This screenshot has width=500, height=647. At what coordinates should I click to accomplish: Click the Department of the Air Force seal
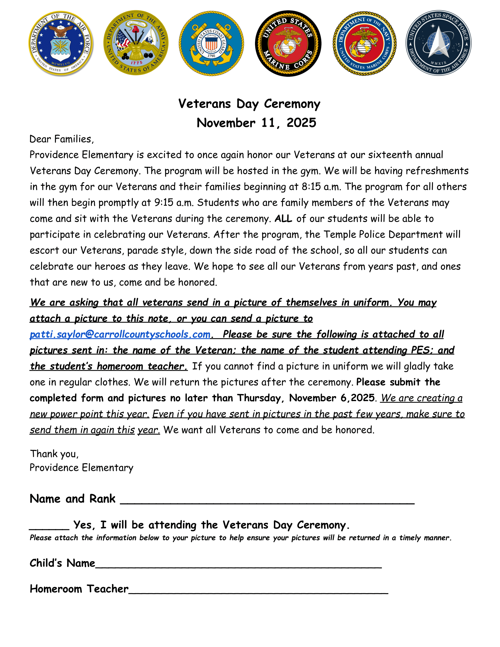click(x=61, y=43)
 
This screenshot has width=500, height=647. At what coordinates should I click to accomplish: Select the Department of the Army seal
click(x=136, y=43)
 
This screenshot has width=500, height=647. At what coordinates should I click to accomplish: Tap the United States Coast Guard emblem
click(x=211, y=44)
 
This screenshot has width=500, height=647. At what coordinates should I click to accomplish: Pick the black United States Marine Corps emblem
click(x=288, y=44)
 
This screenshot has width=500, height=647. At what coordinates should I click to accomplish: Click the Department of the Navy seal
click(x=365, y=44)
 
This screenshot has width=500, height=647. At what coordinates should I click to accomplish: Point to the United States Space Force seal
click(x=439, y=43)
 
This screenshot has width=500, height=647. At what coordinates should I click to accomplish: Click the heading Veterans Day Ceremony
click(x=249, y=104)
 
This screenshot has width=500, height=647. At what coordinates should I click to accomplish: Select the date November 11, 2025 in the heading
click(x=256, y=123)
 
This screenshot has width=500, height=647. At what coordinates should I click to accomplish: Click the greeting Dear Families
click(x=61, y=139)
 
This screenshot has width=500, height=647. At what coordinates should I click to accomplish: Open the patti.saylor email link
click(x=120, y=334)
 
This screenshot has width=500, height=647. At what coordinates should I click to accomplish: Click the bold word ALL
click(x=283, y=219)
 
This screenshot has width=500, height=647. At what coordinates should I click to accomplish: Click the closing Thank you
click(x=54, y=454)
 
